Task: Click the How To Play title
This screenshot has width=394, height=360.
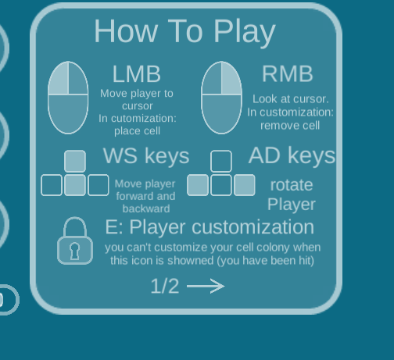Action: pyautogui.click(x=184, y=32)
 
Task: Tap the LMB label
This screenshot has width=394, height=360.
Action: pyautogui.click(x=137, y=74)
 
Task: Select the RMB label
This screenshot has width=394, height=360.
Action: pyautogui.click(x=288, y=74)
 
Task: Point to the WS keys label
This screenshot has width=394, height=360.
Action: pyautogui.click(x=146, y=156)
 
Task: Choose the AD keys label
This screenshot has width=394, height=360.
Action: pyautogui.click(x=292, y=155)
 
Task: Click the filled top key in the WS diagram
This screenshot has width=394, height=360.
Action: pyautogui.click(x=75, y=161)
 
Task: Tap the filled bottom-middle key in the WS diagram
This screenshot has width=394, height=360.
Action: pyautogui.click(x=75, y=185)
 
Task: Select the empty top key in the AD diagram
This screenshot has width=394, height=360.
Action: pyautogui.click(x=221, y=161)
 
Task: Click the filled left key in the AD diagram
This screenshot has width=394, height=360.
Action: pyautogui.click(x=198, y=185)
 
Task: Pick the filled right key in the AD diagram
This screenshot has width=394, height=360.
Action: pyautogui.click(x=245, y=185)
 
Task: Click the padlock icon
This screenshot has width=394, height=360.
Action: pyautogui.click(x=75, y=241)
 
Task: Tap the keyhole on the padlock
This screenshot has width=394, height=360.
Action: pyautogui.click(x=74, y=251)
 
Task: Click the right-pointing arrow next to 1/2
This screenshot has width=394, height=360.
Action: pyautogui.click(x=206, y=286)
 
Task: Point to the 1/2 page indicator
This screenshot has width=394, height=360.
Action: pyautogui.click(x=165, y=286)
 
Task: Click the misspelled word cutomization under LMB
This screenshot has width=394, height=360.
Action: pyautogui.click(x=144, y=119)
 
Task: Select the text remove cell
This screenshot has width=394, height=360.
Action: pyautogui.click(x=290, y=126)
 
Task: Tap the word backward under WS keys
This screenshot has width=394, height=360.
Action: pyautogui.click(x=146, y=209)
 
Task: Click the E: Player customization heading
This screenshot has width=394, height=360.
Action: pyautogui.click(x=210, y=227)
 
